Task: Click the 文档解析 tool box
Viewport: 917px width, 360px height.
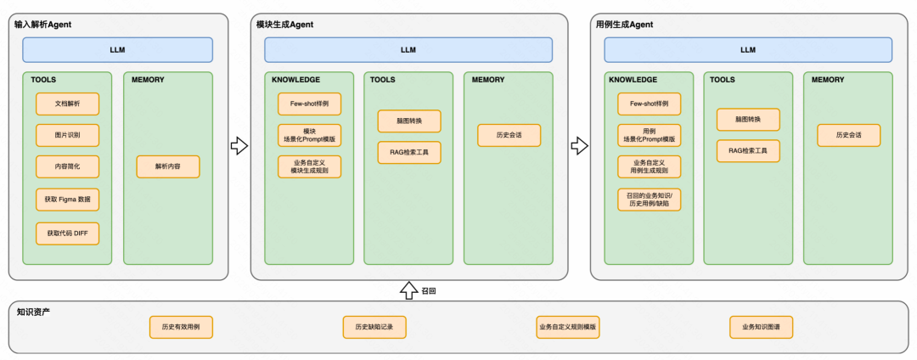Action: click(x=67, y=104)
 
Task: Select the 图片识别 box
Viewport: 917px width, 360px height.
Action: click(x=67, y=135)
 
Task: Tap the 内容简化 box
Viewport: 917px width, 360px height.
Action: click(x=67, y=166)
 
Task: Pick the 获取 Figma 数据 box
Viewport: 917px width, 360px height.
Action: click(x=67, y=200)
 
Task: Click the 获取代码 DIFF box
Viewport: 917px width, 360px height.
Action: click(x=67, y=233)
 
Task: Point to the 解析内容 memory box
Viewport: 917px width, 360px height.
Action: click(x=168, y=166)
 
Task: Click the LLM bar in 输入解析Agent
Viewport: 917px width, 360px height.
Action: click(x=117, y=50)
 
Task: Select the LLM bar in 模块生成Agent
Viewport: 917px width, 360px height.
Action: click(x=408, y=50)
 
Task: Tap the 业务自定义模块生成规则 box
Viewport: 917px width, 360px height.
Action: click(x=309, y=166)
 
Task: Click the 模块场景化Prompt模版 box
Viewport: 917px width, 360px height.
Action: click(x=309, y=135)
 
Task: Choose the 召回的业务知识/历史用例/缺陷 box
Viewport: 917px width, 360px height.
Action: click(x=650, y=200)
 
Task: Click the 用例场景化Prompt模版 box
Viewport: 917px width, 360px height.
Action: click(x=650, y=135)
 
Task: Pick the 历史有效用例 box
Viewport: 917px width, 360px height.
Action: click(x=181, y=327)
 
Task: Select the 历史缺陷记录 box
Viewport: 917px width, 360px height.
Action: click(x=374, y=327)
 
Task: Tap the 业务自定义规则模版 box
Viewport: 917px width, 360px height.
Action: click(x=567, y=327)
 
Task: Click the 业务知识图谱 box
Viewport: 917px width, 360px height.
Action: click(x=761, y=327)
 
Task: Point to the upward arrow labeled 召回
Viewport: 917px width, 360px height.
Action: click(x=408, y=290)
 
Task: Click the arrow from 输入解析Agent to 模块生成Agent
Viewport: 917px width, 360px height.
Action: click(x=239, y=146)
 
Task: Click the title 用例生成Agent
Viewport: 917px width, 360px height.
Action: click(x=624, y=25)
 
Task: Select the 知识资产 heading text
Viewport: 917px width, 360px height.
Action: click(x=33, y=312)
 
